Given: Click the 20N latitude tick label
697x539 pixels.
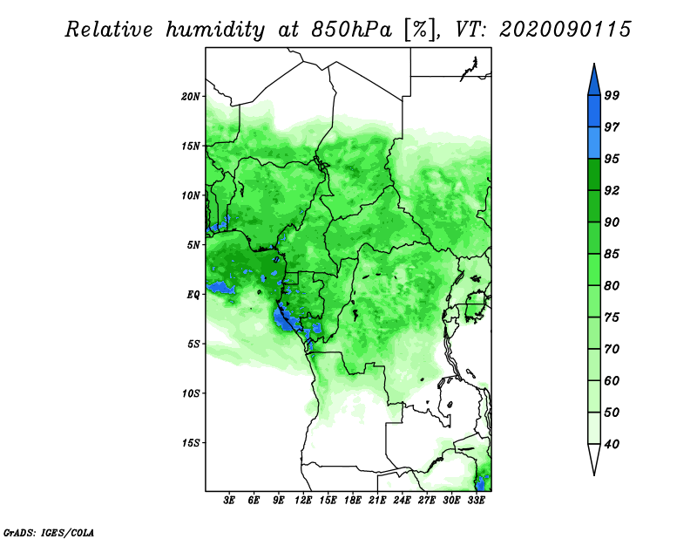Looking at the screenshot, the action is pyautogui.click(x=191, y=96).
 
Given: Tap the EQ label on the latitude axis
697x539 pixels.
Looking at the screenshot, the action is pyautogui.click(x=193, y=295).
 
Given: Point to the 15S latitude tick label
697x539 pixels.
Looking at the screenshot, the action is pyautogui.click(x=191, y=443).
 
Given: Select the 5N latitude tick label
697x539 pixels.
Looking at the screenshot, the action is pyautogui.click(x=193, y=245).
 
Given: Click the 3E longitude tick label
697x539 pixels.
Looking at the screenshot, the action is pyautogui.click(x=229, y=501).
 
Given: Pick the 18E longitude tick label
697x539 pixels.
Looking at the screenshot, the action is pyautogui.click(x=353, y=501).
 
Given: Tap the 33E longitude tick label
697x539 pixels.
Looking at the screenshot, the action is pyautogui.click(x=476, y=501).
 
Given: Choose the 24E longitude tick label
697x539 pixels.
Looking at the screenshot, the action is pyautogui.click(x=402, y=501).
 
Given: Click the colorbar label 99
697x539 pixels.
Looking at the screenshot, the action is pyautogui.click(x=612, y=95).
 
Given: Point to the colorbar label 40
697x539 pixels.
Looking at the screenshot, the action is pyautogui.click(x=612, y=444).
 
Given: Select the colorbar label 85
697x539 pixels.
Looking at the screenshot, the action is pyautogui.click(x=612, y=254).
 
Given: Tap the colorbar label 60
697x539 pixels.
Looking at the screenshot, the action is pyautogui.click(x=612, y=380).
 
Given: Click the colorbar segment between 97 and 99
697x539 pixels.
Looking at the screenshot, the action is pyautogui.click(x=594, y=112).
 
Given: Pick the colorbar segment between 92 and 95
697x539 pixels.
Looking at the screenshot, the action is pyautogui.click(x=594, y=174).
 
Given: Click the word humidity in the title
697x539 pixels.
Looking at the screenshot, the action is pyautogui.click(x=215, y=30).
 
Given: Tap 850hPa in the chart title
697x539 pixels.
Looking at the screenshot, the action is pyautogui.click(x=352, y=30).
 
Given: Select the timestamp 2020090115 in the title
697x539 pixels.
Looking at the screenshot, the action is pyautogui.click(x=565, y=30).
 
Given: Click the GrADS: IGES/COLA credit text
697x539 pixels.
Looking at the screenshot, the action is pyautogui.click(x=49, y=532).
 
